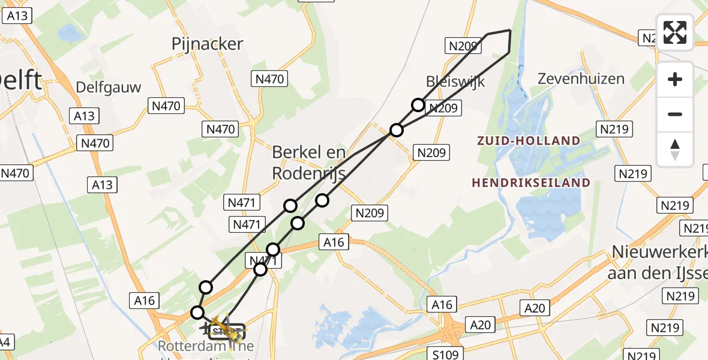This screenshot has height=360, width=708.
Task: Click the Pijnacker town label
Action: (207, 44)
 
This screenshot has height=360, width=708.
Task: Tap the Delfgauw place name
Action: (109, 88)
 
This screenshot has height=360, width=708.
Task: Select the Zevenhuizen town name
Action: (581, 79)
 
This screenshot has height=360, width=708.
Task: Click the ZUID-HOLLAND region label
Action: (529, 141)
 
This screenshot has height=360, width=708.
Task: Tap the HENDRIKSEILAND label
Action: (531, 182)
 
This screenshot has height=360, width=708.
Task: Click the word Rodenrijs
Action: (308, 173)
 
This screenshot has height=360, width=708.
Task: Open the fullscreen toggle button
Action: (675, 32)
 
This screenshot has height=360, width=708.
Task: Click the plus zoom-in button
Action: (675, 79)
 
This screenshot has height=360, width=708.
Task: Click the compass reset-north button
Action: (675, 149)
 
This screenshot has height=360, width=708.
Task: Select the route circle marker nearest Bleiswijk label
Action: (418, 106)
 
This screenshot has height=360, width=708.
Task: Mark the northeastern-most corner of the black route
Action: (510, 30)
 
